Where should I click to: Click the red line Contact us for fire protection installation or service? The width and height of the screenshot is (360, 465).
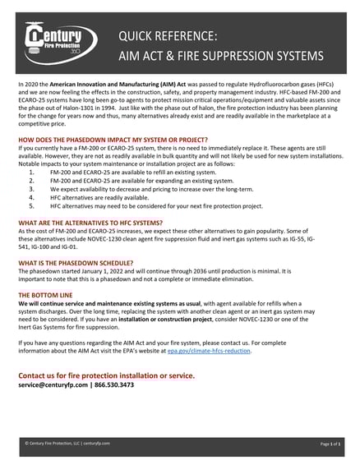(106, 374)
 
